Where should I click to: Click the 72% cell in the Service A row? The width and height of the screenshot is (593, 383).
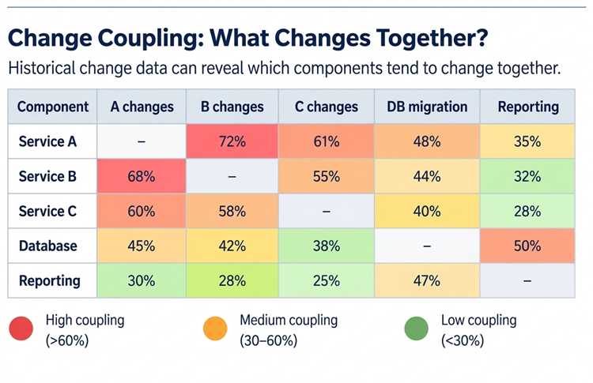point(232,141)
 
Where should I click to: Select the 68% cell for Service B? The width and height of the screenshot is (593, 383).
point(142,176)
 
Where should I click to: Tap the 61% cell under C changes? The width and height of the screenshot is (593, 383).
point(326,141)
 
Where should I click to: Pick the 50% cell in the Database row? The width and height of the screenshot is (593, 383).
point(527,246)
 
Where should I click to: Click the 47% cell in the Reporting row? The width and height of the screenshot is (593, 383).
point(427,280)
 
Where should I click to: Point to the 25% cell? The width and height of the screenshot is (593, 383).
point(326,280)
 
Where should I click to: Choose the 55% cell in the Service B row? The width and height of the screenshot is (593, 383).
point(326,176)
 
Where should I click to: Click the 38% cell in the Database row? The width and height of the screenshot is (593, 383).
point(326,246)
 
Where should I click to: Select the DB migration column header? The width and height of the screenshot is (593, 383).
point(427,107)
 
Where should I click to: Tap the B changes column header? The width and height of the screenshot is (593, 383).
point(232,107)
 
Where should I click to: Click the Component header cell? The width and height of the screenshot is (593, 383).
point(52,107)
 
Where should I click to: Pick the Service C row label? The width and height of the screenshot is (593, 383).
point(47,211)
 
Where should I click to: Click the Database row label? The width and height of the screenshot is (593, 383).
point(48,246)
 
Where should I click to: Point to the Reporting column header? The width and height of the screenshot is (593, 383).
point(528,107)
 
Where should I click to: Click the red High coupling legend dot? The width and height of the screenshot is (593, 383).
point(21,329)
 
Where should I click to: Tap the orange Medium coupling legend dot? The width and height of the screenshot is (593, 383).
point(215,329)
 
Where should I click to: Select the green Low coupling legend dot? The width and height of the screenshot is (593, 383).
point(417,329)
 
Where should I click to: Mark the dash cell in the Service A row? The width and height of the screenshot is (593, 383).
point(142,141)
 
